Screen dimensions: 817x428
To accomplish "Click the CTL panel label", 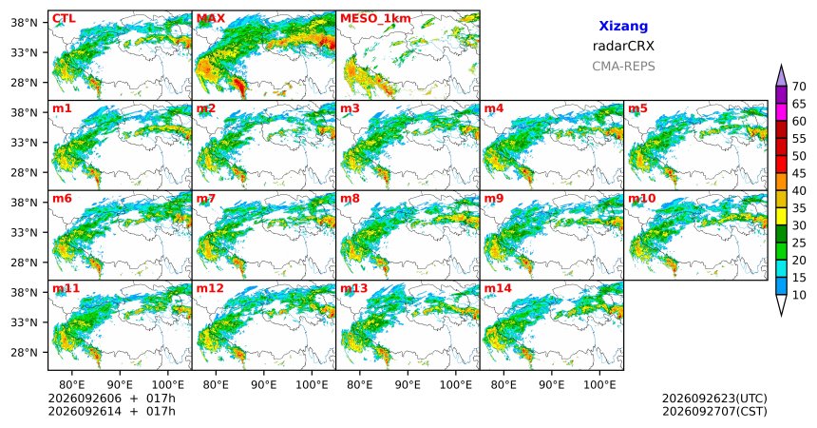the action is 64,19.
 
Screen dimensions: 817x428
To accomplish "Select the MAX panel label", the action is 211,19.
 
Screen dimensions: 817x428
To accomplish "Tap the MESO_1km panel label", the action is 375,19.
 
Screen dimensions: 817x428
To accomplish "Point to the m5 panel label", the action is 637,108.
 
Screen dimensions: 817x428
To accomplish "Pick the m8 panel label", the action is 351,199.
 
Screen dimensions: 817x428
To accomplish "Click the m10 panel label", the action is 641,199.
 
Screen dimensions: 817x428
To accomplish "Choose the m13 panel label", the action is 353,288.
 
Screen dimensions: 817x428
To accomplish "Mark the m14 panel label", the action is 498,288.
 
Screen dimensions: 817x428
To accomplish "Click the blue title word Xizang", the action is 623,26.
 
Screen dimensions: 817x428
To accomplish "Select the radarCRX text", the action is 623,46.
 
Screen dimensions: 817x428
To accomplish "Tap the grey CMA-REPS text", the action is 623,67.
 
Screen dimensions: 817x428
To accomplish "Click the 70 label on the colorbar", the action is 799,87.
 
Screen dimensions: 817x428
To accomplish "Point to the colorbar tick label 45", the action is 799,173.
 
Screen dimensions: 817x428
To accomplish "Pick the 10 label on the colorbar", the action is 799,295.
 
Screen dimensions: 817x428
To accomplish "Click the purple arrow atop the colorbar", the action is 781,76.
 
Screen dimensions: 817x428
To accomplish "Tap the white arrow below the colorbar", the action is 781,304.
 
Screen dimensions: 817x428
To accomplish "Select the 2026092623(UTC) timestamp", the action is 714,399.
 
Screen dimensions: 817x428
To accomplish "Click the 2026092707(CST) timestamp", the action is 714,412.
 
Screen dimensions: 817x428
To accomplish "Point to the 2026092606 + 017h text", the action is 111,399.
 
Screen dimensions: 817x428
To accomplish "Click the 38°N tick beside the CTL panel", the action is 24,23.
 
